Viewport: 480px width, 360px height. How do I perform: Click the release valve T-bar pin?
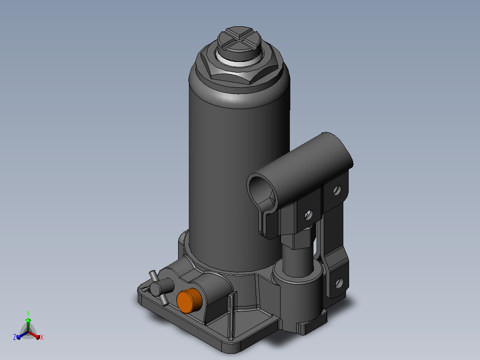[x=158, y=287]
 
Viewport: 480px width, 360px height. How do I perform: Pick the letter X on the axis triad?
[x=42, y=337]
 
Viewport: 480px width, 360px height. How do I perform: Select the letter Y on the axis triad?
[x=28, y=313]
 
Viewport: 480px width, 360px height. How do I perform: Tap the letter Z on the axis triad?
[x=15, y=337]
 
